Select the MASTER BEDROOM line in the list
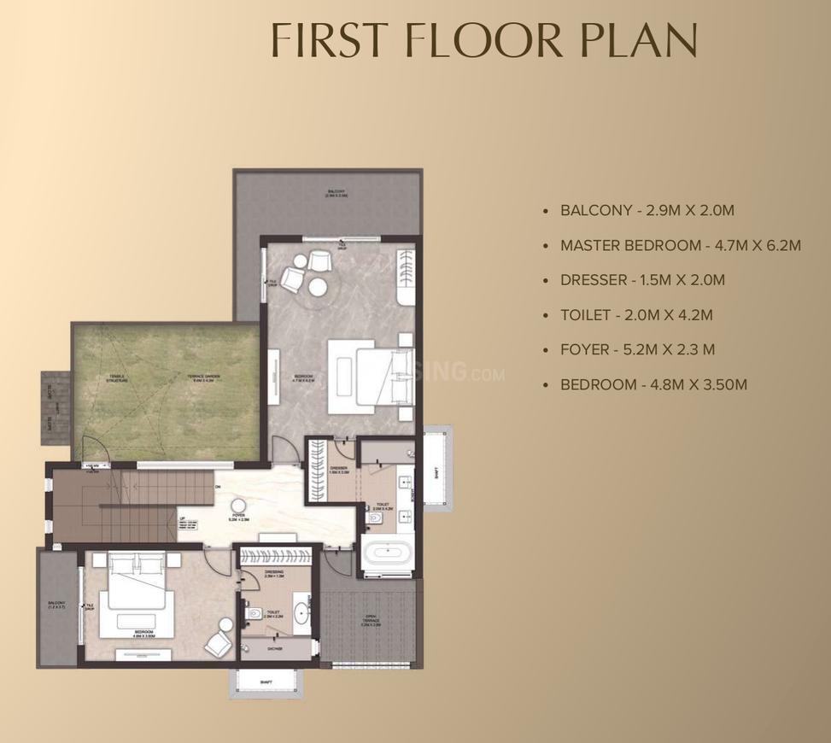coord(680,245)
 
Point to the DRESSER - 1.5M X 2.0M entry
coord(642,280)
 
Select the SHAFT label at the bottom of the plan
coord(266,681)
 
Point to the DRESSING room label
coord(275,574)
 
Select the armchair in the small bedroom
coord(221,633)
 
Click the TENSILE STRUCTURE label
coord(118,378)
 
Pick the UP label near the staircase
coord(182,518)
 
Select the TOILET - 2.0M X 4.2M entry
coord(636,315)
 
